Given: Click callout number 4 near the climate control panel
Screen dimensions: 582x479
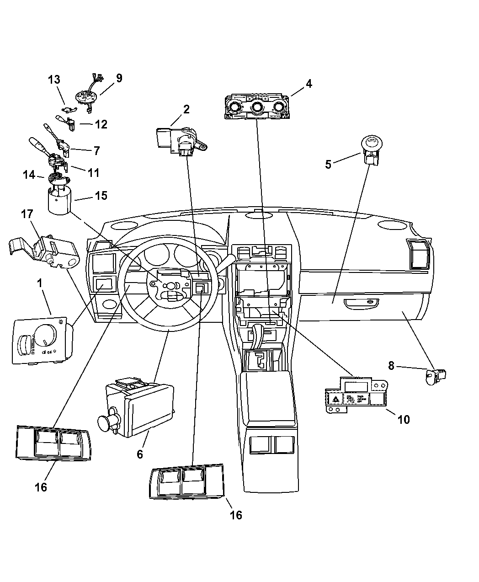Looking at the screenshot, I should coord(309,84).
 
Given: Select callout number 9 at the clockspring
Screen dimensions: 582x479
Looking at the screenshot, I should coord(119,78).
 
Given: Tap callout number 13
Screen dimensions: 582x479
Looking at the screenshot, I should coord(54,80).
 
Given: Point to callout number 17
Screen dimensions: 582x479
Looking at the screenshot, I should coord(27,214).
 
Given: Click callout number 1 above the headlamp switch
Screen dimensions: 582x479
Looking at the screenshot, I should coord(40,283).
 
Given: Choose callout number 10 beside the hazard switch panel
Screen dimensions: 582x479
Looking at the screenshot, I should coord(404,419).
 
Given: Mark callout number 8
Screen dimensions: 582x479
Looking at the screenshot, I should coord(391,365).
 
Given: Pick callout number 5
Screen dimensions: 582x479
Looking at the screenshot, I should coord(328,164).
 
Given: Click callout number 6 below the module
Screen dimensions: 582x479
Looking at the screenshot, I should coord(140,454).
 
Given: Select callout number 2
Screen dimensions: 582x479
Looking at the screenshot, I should coord(186,109).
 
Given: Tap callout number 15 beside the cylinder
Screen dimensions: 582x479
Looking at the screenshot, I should coord(101,196).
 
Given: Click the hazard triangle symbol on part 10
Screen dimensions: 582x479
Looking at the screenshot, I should coord(335,399).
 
